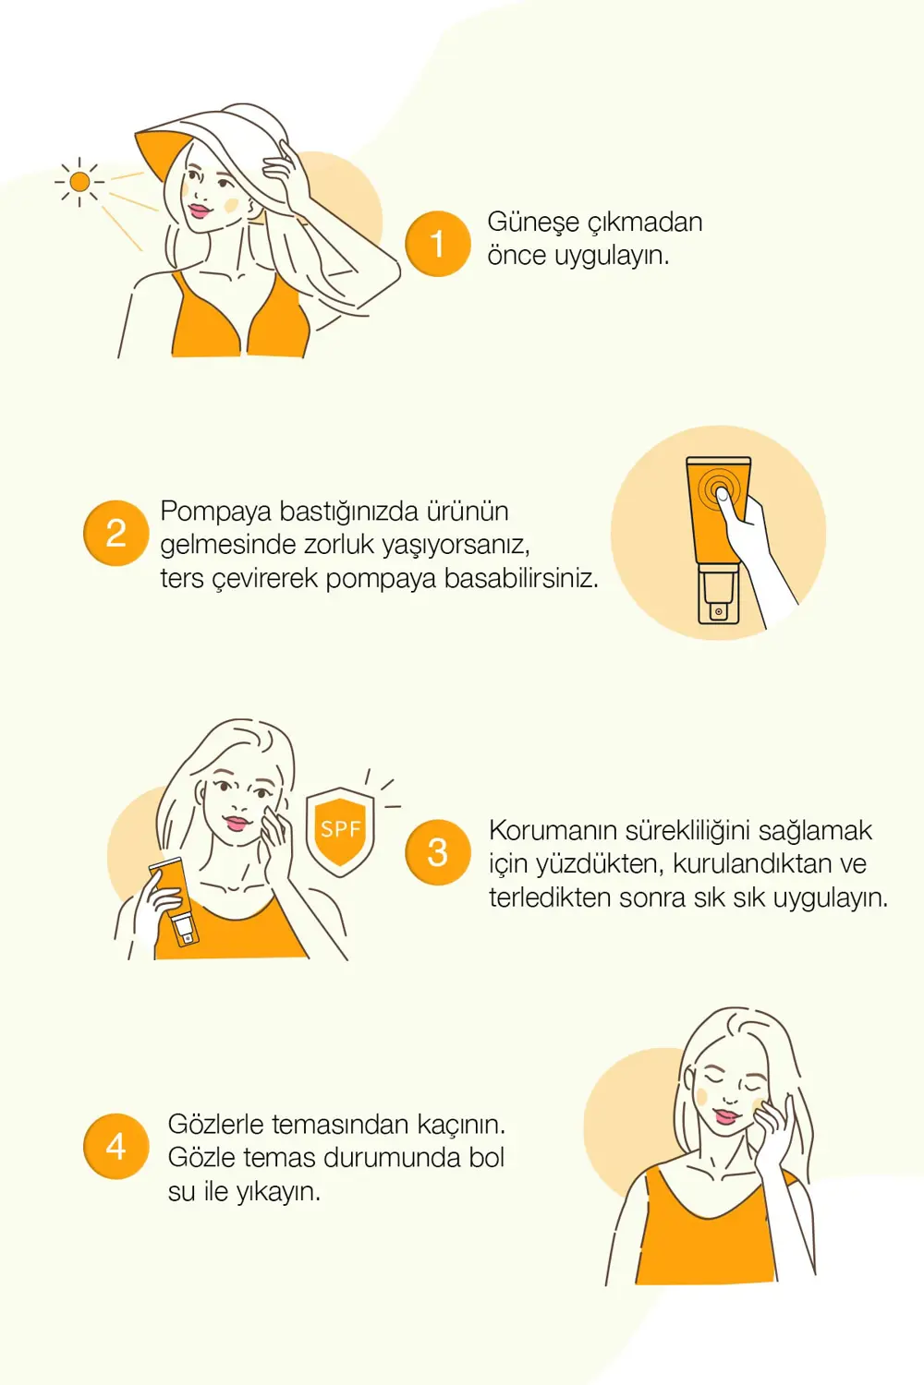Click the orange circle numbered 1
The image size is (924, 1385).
[438, 244]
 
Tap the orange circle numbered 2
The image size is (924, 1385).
[115, 533]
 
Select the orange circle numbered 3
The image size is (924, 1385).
[438, 852]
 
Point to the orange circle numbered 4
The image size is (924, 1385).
[115, 1146]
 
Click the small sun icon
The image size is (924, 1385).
[79, 182]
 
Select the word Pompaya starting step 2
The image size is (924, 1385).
[215, 512]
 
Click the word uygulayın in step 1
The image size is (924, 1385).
[611, 256]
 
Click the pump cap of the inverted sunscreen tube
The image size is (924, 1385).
[718, 597]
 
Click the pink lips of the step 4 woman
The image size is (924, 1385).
[726, 1117]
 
